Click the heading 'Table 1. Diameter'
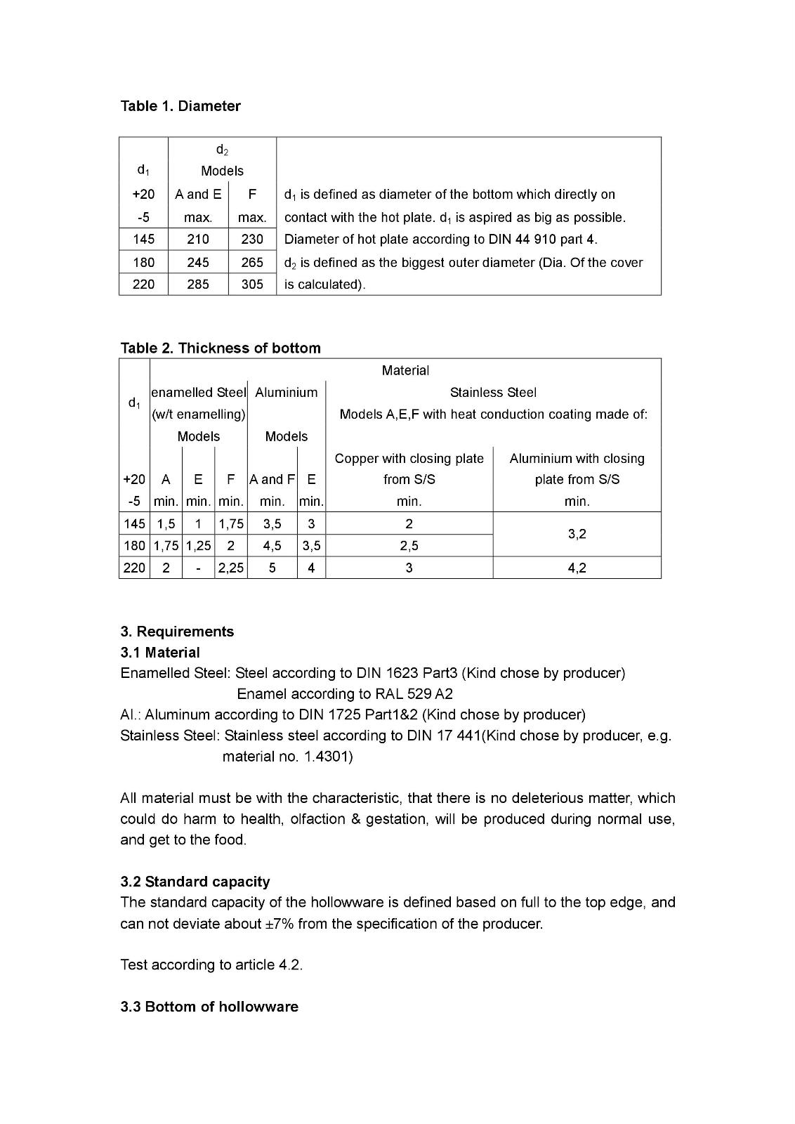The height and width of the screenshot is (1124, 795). click(180, 106)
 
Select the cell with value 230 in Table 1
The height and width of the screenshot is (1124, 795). click(252, 239)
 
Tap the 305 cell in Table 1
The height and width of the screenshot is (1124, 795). click(252, 285)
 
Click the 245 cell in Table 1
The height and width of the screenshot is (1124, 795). click(198, 262)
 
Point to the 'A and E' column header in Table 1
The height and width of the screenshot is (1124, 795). click(198, 194)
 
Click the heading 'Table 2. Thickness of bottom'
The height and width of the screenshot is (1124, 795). click(221, 348)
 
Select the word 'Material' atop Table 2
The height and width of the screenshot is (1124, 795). click(405, 370)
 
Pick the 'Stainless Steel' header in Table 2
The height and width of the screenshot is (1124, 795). click(493, 393)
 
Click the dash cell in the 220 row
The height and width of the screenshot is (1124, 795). click(198, 568)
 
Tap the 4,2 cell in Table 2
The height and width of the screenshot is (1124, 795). click(577, 568)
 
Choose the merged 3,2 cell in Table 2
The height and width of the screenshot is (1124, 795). click(577, 534)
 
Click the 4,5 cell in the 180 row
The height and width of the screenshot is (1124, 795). click(272, 546)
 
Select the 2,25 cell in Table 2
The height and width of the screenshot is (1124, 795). click(230, 568)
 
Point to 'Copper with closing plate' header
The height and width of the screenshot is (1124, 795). click(409, 459)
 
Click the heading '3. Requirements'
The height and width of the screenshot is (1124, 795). click(177, 631)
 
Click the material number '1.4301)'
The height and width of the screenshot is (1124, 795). click(329, 757)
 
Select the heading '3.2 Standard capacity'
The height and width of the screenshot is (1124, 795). click(195, 882)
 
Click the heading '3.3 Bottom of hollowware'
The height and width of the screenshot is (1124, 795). click(209, 1007)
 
